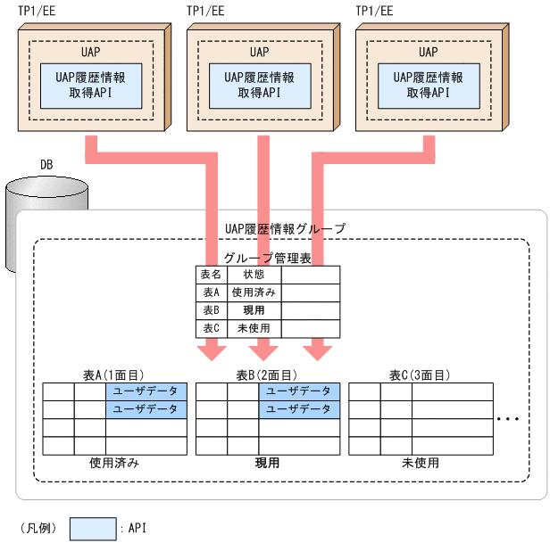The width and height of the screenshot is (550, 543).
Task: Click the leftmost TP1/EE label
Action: [37, 11]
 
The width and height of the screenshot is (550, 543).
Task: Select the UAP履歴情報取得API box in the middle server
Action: [259, 86]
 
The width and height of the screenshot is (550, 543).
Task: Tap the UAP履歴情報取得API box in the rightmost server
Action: [428, 86]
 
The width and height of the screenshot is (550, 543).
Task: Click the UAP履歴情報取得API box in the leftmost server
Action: [90, 86]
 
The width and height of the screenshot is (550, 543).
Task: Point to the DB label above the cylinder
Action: [46, 165]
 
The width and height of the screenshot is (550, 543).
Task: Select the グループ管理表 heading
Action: [267, 259]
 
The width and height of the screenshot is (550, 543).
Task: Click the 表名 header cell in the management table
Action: [210, 275]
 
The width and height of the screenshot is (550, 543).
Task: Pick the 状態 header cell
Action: [254, 275]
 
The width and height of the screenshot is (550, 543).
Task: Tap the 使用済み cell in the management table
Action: [254, 292]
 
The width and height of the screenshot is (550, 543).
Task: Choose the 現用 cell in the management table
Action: [254, 310]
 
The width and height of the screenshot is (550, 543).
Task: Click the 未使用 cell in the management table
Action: [254, 328]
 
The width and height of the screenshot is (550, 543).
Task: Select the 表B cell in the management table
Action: [210, 310]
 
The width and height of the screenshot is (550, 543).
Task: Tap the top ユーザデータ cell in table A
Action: [146, 391]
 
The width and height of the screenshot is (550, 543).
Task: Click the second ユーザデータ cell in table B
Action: [299, 409]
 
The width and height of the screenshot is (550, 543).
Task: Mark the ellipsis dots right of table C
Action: [508, 418]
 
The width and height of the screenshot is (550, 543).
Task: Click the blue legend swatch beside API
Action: [92, 528]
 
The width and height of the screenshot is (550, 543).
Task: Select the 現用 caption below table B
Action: [267, 464]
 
